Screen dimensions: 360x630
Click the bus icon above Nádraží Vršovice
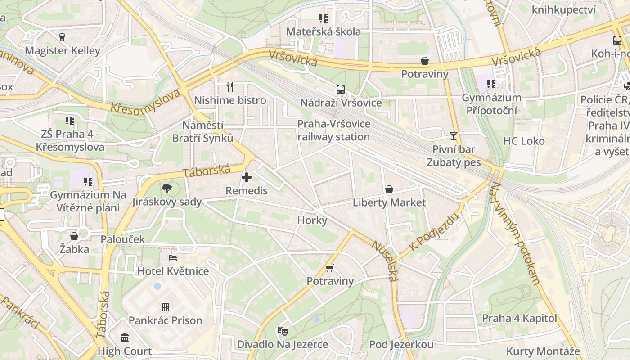pos(341,89)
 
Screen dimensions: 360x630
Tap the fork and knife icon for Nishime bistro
pos(230,86)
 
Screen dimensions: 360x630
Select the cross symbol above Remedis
pos(247,177)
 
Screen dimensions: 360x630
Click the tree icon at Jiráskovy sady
pos(167,189)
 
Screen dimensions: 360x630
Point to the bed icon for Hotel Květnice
pos(173,258)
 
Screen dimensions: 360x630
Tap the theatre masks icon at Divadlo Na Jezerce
pos(283,331)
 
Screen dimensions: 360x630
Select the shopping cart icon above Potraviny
pos(330,268)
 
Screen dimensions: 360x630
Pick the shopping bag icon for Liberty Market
pos(389,189)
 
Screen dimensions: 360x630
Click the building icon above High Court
pos(125,337)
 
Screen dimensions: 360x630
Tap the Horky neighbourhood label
pos(312,220)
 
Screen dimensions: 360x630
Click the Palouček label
pos(123,239)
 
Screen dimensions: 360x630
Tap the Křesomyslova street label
pos(146,102)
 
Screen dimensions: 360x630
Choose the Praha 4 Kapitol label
pos(520,319)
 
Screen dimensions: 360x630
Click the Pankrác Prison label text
pos(166,320)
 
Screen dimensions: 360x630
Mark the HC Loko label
pos(524,141)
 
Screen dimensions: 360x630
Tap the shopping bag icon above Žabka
pos(74,236)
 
